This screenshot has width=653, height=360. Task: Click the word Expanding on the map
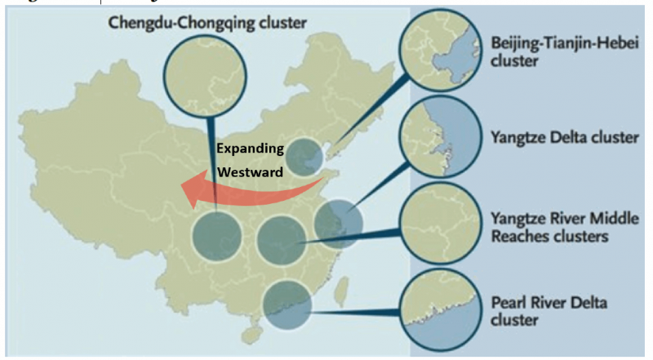[x=250, y=149]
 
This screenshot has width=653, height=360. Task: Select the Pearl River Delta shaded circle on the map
[x=287, y=304]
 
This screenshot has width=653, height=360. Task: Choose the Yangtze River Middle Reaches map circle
[x=281, y=238]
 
